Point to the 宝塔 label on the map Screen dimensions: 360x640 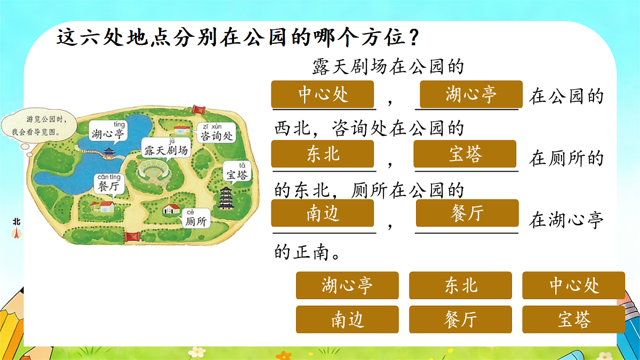point(237,173)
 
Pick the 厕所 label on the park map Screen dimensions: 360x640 point(195,220)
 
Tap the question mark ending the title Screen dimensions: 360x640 point(411,38)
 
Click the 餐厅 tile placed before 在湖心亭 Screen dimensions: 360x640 point(467,213)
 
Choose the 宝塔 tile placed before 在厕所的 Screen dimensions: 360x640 point(465,154)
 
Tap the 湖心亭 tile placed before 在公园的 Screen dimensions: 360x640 point(471,94)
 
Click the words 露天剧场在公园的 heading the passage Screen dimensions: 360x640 point(388,68)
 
